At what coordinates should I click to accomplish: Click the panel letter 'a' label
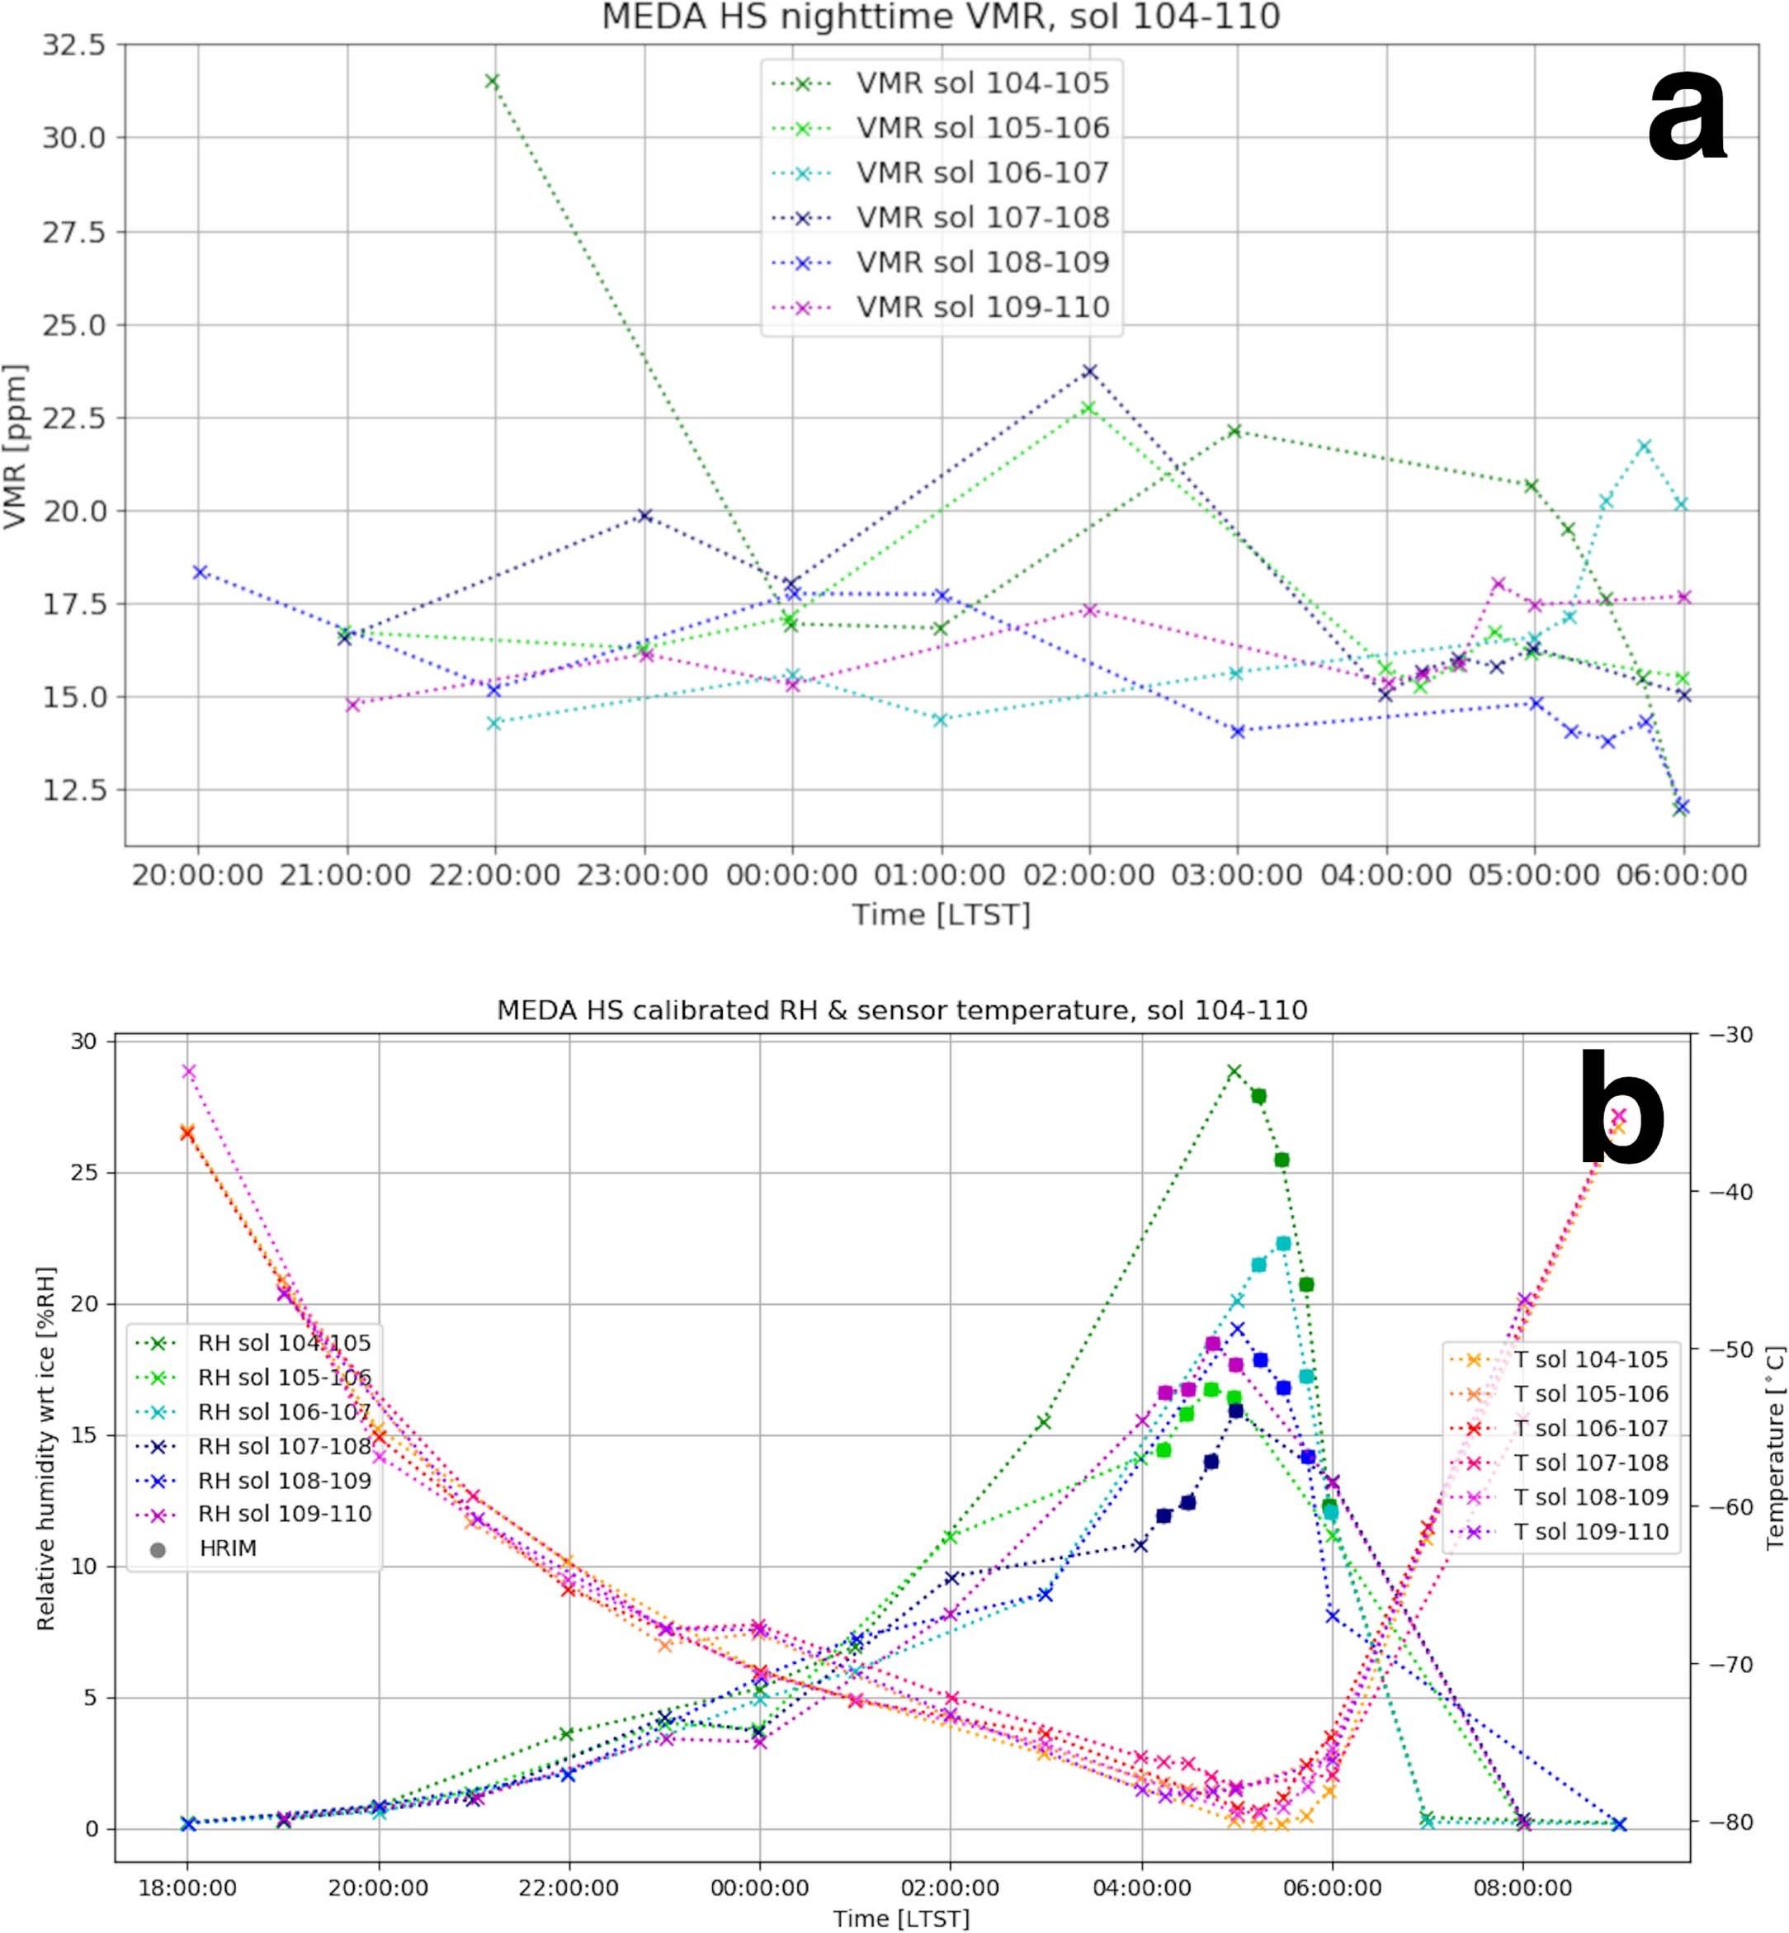[x=1687, y=121]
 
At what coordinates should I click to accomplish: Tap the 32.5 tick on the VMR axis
[x=73, y=45]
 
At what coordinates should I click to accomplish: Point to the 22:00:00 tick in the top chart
[x=494, y=876]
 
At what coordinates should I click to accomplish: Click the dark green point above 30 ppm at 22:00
[x=492, y=82]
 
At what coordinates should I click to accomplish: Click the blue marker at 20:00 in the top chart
[x=200, y=572]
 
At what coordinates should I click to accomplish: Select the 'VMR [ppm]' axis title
[x=16, y=446]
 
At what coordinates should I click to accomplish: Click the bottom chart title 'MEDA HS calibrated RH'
[x=901, y=1010]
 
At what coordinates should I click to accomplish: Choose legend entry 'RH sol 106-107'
[x=284, y=1411]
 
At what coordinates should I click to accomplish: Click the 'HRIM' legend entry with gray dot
[x=228, y=1548]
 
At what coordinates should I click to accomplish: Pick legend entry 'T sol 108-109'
[x=1591, y=1497]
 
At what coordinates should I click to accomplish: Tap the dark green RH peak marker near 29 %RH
[x=1234, y=1071]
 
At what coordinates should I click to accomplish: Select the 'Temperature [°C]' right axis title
[x=1773, y=1447]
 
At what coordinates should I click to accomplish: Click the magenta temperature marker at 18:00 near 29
[x=189, y=1071]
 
